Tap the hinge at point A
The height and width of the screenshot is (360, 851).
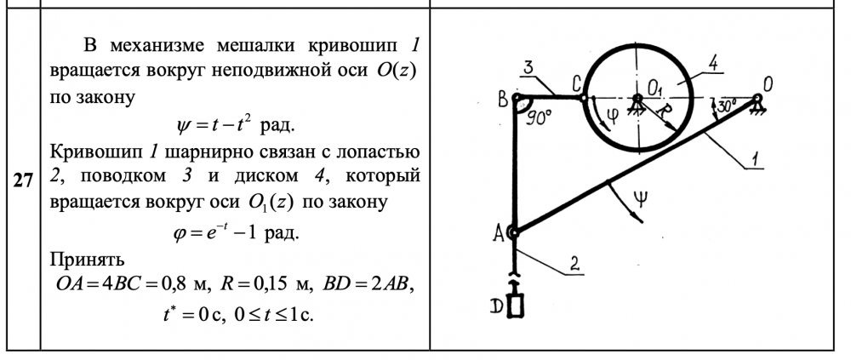tap(514, 231)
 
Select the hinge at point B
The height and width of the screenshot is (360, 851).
tap(516, 99)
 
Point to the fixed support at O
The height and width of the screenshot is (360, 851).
tap(757, 100)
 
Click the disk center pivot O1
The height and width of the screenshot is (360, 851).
tap(637, 98)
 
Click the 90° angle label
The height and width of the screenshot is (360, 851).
tap(538, 116)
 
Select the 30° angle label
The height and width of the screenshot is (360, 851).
tap(725, 108)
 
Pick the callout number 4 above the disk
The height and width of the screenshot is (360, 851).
tap(711, 62)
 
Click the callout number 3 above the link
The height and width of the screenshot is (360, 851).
tap(528, 67)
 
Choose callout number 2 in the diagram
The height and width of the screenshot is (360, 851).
tap(575, 265)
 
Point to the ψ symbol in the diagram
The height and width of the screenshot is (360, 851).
tap(644, 202)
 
